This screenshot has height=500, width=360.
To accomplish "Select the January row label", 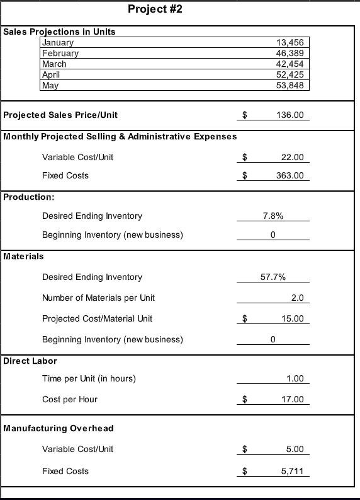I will pos(58,43).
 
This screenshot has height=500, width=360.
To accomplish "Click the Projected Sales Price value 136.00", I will pos(290,115).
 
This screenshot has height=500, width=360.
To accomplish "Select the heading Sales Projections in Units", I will pos(60,32).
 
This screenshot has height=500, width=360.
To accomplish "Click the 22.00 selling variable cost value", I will pos(293,157).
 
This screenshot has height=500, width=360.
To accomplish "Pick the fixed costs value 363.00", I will pos(290,175).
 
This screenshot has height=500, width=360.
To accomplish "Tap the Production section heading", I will pos(28,197).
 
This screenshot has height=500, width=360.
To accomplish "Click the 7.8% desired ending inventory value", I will pos(273,216).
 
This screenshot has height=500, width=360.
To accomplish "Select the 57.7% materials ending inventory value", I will pos(273,277).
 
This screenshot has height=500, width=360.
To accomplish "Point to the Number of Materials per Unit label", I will pos(98,298).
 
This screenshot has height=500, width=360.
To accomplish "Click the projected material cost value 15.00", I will pos(293,318).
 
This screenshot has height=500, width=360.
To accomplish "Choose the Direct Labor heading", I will pos(30,361).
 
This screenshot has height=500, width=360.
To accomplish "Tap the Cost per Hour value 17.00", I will pos(293,399).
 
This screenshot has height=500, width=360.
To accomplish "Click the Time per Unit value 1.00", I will pos(295,378).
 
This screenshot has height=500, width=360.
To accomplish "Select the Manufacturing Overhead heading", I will pos(59,429).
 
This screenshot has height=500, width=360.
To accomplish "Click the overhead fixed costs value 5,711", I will pos(292,471).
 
